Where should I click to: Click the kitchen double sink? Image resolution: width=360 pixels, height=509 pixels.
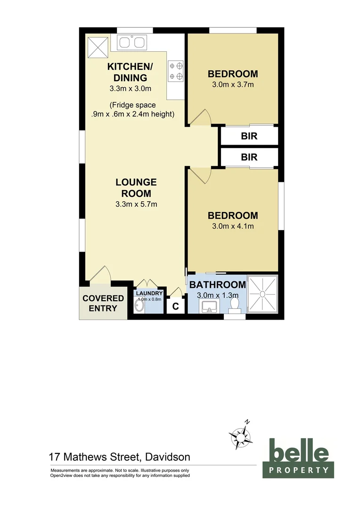click(x=131, y=43)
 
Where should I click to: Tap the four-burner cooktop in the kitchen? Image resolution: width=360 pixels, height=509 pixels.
click(x=176, y=71)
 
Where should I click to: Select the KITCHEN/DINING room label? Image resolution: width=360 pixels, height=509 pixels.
click(x=127, y=72)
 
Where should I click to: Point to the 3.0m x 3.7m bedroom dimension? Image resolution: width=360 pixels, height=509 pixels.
click(x=233, y=85)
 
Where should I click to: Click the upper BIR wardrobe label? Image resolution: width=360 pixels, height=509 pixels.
click(x=249, y=137)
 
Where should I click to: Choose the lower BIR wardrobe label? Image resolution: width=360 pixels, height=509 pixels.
click(x=249, y=157)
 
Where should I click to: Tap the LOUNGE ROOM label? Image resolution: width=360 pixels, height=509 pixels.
click(x=136, y=188)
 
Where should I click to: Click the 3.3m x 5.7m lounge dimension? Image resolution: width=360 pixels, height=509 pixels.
click(x=136, y=205)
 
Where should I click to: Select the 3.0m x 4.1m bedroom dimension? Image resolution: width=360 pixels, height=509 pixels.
click(x=233, y=226)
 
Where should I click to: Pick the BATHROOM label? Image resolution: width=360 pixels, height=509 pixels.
click(x=217, y=285)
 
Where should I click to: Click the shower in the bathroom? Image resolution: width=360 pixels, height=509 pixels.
click(x=263, y=294)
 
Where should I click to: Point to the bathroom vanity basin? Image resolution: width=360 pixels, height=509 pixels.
click(x=209, y=307)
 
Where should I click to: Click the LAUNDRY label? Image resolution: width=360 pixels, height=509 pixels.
click(x=149, y=293)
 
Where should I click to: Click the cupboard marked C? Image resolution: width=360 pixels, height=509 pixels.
click(x=175, y=306)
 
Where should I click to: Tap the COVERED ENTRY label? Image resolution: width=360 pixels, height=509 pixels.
click(x=103, y=304)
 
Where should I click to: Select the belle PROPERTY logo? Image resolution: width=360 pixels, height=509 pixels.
click(x=298, y=457)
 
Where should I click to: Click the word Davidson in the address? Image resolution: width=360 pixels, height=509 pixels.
click(x=168, y=457)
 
